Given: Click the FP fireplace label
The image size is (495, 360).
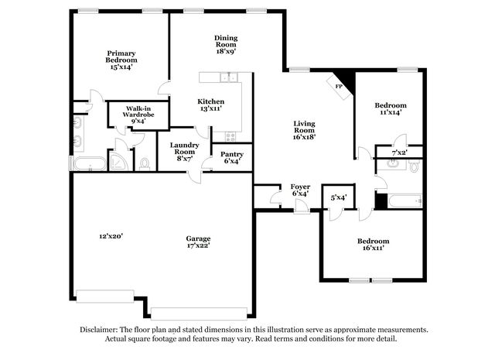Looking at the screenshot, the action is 339,86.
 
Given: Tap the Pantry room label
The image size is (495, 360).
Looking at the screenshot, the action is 232,158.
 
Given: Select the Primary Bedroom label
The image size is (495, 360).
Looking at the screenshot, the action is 121,60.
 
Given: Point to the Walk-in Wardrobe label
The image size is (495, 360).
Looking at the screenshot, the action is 138,115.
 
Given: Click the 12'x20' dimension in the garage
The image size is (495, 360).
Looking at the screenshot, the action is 111,236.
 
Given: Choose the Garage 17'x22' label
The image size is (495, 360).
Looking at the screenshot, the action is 198,242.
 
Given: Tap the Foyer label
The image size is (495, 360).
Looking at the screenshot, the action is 300,190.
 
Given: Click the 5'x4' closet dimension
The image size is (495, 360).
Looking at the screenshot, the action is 339,197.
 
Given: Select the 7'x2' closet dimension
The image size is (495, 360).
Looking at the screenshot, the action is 399,153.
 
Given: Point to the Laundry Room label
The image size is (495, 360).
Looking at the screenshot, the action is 184,152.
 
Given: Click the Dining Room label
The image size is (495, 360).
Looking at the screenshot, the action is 226,45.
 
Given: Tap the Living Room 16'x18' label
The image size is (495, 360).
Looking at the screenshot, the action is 304,130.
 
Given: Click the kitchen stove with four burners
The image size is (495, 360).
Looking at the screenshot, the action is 230,136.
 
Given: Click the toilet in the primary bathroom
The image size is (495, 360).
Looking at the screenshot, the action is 145,164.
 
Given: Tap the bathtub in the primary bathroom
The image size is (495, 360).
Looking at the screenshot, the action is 90,163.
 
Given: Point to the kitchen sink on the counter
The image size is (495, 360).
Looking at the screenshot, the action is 229,77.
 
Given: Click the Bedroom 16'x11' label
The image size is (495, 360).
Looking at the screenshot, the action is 373,245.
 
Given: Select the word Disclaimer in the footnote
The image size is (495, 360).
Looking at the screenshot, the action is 99,330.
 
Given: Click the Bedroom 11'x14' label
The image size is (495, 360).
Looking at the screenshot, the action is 391,108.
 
